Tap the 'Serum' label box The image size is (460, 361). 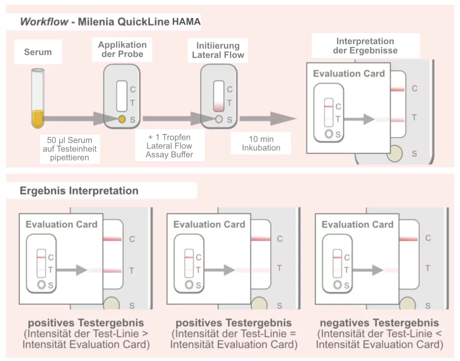point(38,52)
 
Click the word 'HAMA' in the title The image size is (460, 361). point(186,22)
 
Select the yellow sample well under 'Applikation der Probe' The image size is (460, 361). point(122,119)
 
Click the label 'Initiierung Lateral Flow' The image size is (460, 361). point(218,50)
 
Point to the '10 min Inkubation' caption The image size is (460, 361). point(261,143)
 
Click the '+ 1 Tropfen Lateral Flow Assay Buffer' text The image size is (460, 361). point(170,146)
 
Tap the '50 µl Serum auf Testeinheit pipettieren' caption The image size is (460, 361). point(69,149)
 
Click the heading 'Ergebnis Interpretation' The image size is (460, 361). point(79,191)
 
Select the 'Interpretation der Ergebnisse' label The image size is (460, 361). point(365,46)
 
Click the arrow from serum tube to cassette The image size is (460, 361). point(75,119)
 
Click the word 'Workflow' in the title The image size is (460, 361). point(44,22)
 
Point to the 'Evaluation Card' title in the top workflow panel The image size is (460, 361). point(349,74)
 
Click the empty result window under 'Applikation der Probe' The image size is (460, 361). point(122,96)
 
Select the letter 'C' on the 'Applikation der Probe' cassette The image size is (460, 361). point(133,89)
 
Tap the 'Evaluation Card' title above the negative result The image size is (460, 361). point(357,225)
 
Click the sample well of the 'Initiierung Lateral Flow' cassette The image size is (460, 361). point(219,119)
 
